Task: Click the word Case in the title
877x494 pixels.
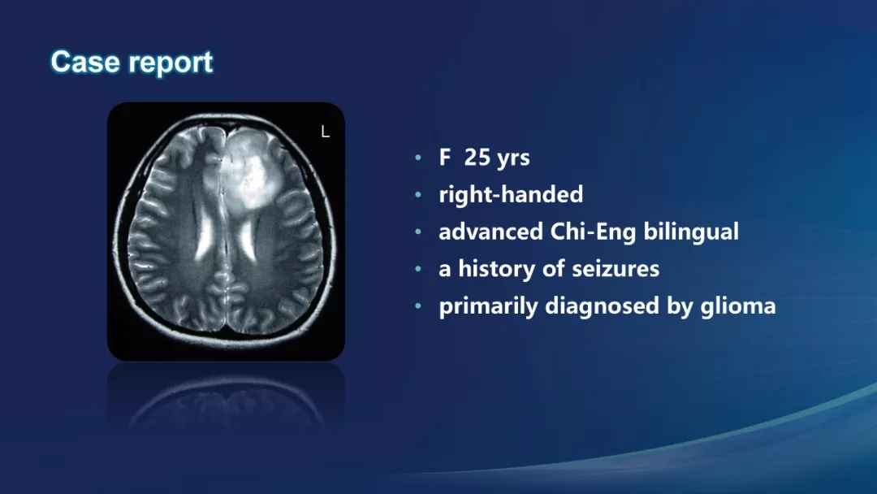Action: pyautogui.click(x=84, y=62)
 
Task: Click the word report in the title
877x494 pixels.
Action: pyautogui.click(x=171, y=63)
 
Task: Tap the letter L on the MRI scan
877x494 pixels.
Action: pyautogui.click(x=325, y=132)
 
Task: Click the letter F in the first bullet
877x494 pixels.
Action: pyautogui.click(x=445, y=157)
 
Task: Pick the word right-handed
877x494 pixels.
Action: pyautogui.click(x=511, y=195)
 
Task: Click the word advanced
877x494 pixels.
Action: pyautogui.click(x=490, y=232)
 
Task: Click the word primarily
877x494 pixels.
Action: pyautogui.click(x=488, y=306)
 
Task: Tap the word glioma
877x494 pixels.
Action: pyautogui.click(x=737, y=306)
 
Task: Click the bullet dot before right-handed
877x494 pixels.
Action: pyautogui.click(x=418, y=195)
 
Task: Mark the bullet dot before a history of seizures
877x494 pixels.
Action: pyautogui.click(x=418, y=269)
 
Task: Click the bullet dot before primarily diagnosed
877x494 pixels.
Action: pyautogui.click(x=418, y=306)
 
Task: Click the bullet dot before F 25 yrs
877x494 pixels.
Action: pyautogui.click(x=418, y=158)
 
